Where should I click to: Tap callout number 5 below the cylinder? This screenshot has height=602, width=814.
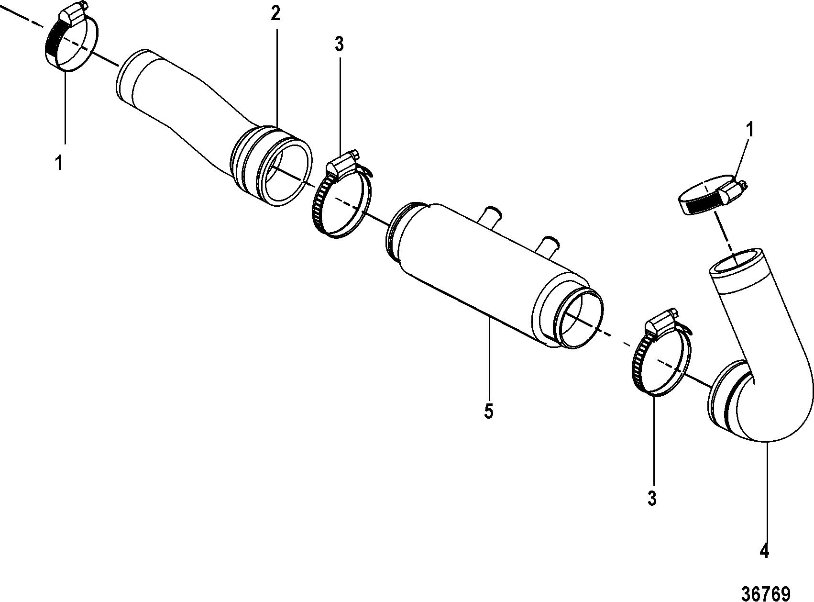[x=488, y=411]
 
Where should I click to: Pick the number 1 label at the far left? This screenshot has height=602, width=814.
[x=59, y=163]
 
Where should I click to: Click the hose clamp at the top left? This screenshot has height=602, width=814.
[x=72, y=41]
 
